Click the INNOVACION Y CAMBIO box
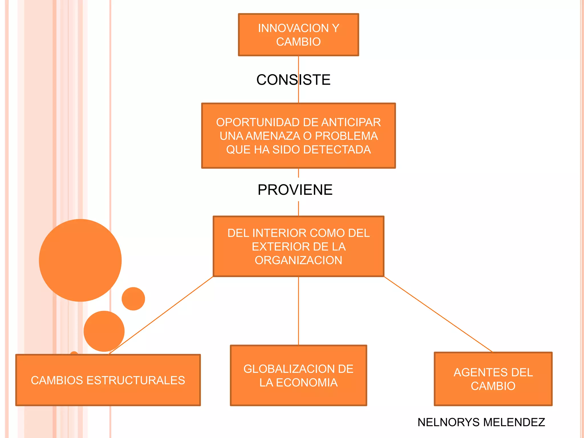point(298,35)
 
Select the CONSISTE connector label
point(293,80)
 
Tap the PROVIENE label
point(295,190)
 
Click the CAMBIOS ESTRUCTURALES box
point(108,380)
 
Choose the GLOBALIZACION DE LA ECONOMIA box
point(298,376)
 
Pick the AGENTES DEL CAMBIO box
point(493,379)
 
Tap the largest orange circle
point(80,260)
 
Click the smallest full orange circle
point(133,299)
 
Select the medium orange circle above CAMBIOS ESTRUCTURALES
point(104,331)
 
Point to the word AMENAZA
point(273,136)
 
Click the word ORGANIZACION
point(298,260)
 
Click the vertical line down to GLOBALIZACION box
point(299,311)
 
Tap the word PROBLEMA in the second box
point(346,136)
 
